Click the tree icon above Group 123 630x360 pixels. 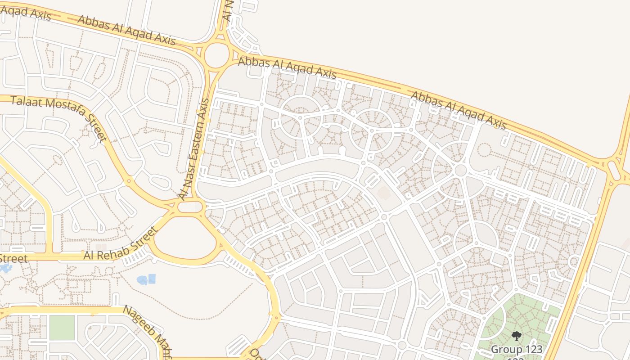pos(516,336)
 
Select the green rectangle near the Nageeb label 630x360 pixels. pos(62,327)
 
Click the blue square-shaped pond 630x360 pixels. pos(152,279)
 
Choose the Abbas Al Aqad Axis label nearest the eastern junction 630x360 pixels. pos(459,110)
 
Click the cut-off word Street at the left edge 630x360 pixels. pos(13,258)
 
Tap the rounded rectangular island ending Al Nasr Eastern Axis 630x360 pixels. pos(190,207)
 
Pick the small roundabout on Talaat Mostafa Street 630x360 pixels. pos(129,181)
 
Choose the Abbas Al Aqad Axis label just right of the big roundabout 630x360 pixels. pos(287,67)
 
